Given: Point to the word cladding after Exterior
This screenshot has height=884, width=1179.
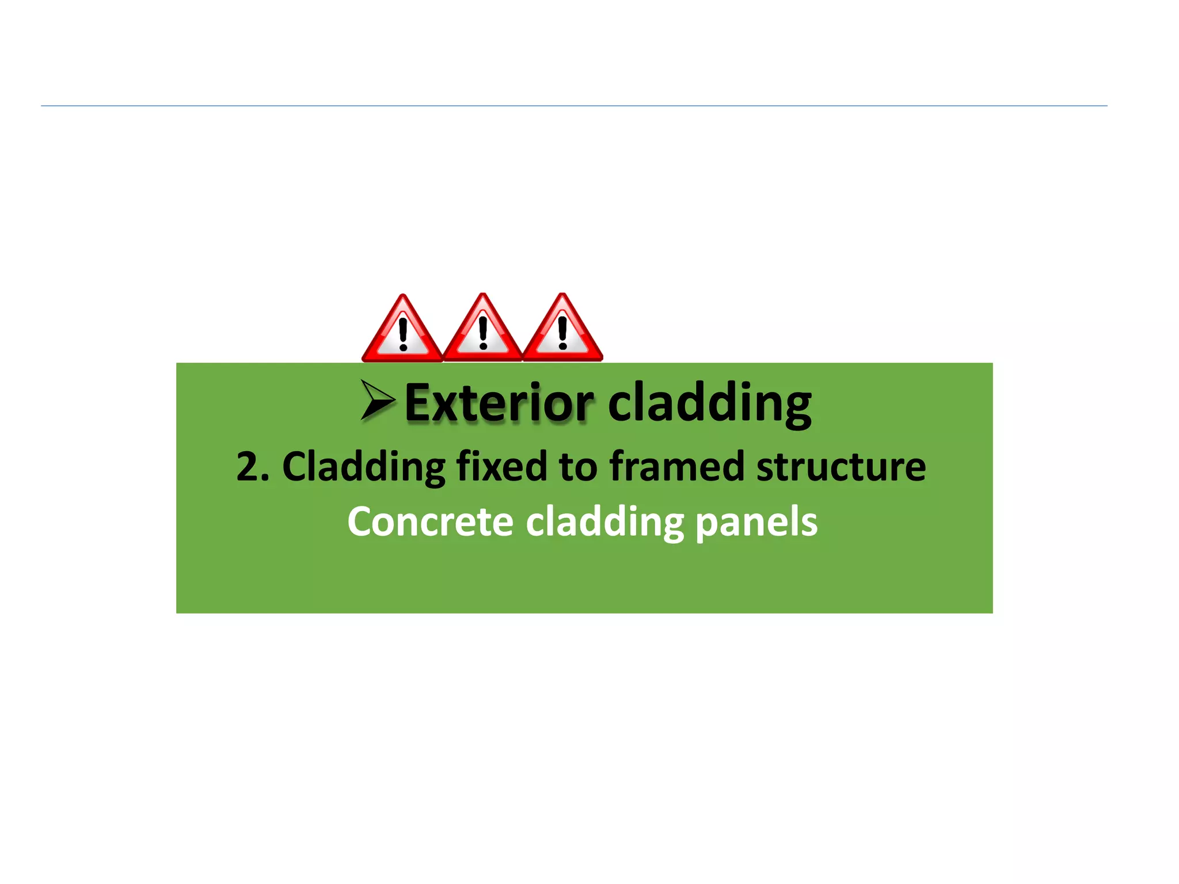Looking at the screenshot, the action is pos(709,403).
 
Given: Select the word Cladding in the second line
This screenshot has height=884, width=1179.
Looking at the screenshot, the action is pos(364,466).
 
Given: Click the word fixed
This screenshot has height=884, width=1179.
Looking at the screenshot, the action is pos(501,466).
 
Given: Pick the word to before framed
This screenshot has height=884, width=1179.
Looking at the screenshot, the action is pos(578,466).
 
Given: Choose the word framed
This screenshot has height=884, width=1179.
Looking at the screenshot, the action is pos(677,466).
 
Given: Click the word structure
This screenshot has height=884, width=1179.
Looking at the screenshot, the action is pos(840,466).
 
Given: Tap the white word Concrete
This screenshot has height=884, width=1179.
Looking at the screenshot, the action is pos(430,521).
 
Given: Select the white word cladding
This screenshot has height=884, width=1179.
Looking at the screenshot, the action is pos(604,523).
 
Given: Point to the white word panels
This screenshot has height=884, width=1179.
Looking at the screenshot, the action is pos(756,523).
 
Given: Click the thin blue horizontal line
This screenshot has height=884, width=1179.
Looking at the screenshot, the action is pos(574,106).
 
